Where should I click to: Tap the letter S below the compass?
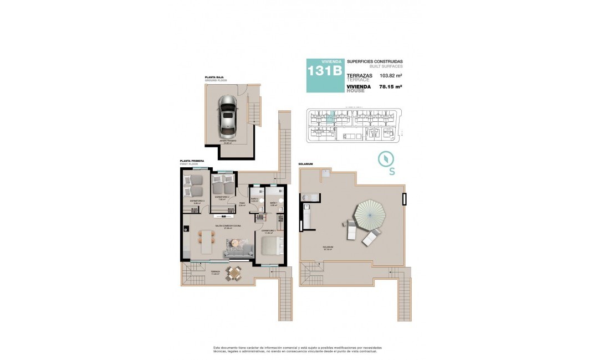[x=392, y=171]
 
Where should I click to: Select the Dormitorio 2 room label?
[x=222, y=197]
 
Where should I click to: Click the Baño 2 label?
[x=254, y=199]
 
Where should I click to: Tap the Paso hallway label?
[x=242, y=203]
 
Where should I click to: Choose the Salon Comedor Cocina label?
[x=228, y=227]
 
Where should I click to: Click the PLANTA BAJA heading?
[x=214, y=78]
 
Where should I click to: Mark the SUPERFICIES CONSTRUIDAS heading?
[x=375, y=61]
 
